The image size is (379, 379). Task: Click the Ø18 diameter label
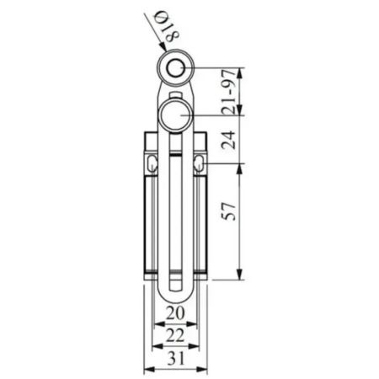tap(168, 26)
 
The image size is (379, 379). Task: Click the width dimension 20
tap(175, 313)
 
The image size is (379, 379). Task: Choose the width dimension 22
tap(175, 335)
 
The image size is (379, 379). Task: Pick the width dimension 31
tap(176, 358)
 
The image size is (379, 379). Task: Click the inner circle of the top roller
tap(175, 68)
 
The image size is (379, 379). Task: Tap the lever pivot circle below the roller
tap(175, 115)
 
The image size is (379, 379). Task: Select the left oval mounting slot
tap(152, 163)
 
